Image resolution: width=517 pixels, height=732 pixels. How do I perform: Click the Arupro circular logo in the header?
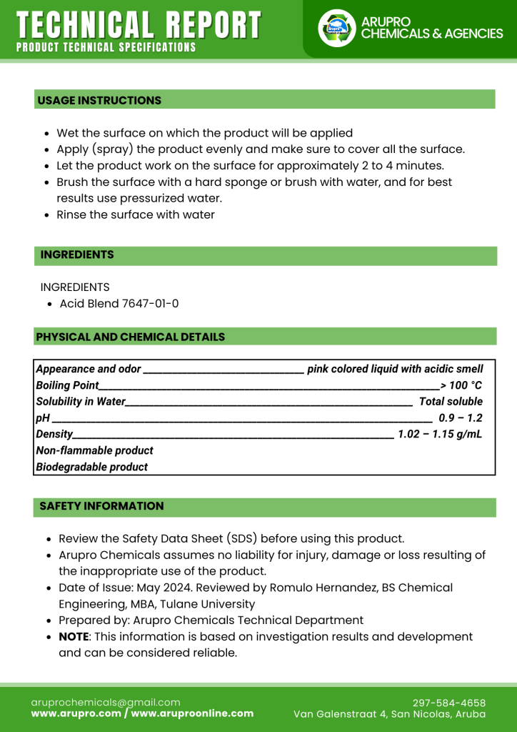(336, 29)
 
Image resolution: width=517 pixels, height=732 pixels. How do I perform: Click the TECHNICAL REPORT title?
(139, 25)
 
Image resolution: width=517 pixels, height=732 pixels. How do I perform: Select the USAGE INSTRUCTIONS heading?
(99, 100)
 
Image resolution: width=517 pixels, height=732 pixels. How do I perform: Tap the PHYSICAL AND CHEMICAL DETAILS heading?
(130, 337)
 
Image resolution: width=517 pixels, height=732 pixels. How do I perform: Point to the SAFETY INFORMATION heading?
(101, 506)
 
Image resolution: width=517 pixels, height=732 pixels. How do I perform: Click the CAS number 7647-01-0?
(150, 304)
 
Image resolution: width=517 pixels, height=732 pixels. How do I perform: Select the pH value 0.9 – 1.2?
(461, 418)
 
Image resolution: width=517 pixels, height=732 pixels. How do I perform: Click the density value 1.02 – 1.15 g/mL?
(440, 434)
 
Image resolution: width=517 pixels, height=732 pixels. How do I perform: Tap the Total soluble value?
(451, 402)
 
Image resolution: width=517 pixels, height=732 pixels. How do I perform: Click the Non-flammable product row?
(94, 450)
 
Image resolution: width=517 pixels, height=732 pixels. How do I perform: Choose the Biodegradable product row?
(91, 467)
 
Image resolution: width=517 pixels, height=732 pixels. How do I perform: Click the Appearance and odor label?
(88, 369)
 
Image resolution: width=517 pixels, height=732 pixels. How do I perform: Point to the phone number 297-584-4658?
(449, 703)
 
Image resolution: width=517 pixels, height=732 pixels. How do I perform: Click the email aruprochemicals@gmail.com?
(106, 702)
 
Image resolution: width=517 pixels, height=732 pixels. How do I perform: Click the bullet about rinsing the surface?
(136, 214)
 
